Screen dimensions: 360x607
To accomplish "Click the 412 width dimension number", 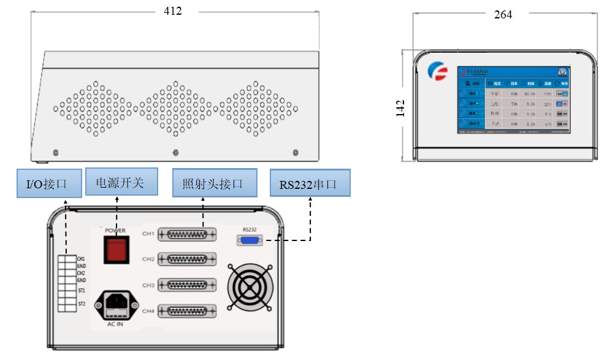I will coord(173,11).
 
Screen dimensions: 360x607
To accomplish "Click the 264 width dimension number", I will coord(503,14).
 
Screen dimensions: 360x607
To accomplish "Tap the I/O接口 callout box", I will coord(49,183).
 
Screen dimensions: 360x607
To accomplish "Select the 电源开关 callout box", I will coord(121,183).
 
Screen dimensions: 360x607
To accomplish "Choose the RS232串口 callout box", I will coord(310,183).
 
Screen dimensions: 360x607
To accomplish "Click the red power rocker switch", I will coord(115,250).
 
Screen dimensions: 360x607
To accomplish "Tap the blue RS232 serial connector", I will coord(250,241).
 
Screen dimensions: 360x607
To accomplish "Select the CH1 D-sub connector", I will coord(187,234).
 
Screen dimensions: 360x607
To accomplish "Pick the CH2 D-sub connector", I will coord(187,259).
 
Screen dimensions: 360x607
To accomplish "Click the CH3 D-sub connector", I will coord(187,286).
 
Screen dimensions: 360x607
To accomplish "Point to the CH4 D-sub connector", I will coord(187,311).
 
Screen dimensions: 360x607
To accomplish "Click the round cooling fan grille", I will coord(248,286).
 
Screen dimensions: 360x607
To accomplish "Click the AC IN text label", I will coord(115,323).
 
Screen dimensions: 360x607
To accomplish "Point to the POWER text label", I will coord(115,231).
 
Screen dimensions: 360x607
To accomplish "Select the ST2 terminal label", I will coord(82,304).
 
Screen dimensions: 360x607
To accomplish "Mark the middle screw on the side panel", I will coord(176,152).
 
